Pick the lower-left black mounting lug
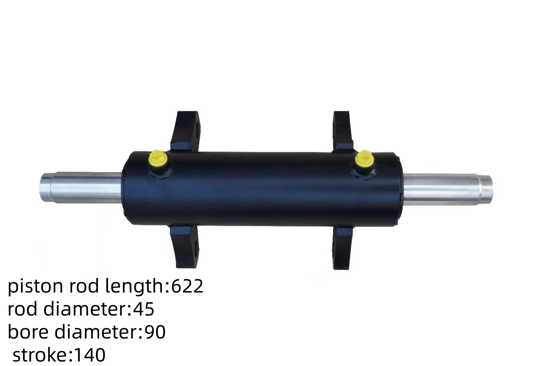click(x=185, y=246)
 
